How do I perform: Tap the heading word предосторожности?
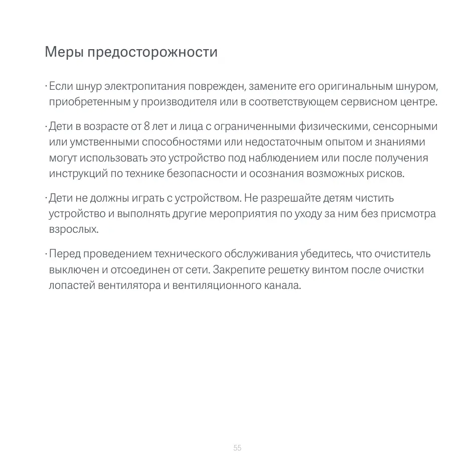click(152, 52)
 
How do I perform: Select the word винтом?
click(330, 270)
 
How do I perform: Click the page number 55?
click(237, 447)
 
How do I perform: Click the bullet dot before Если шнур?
click(46, 87)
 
